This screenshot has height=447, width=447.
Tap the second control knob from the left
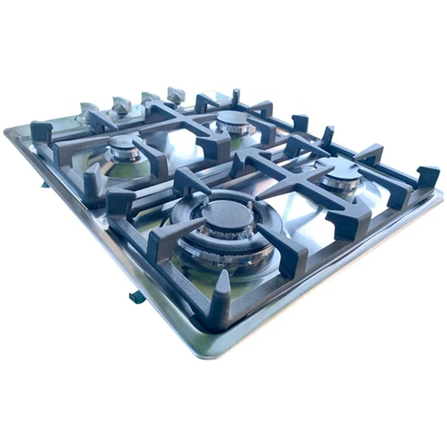click(121, 106)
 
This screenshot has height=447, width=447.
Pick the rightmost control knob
click(176, 94)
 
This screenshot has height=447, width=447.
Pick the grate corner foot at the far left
click(41, 132)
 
